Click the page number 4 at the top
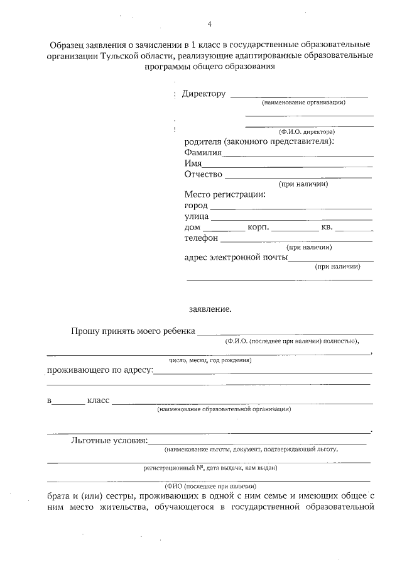(x=210, y=25)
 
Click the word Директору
(x=204, y=94)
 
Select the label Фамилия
(x=203, y=153)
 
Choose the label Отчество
(x=204, y=174)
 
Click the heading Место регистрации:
(x=225, y=195)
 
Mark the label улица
(x=196, y=216)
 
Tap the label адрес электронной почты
(x=236, y=257)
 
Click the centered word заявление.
(x=210, y=309)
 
